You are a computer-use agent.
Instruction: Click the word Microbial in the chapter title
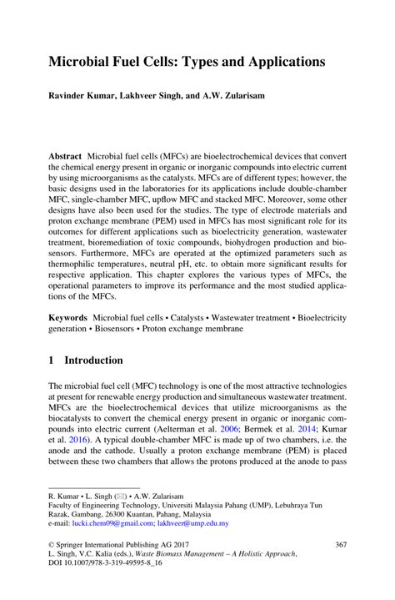coord(82,62)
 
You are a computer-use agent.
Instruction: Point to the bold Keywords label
coord(68,318)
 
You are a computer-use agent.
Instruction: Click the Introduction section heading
coord(93,361)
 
